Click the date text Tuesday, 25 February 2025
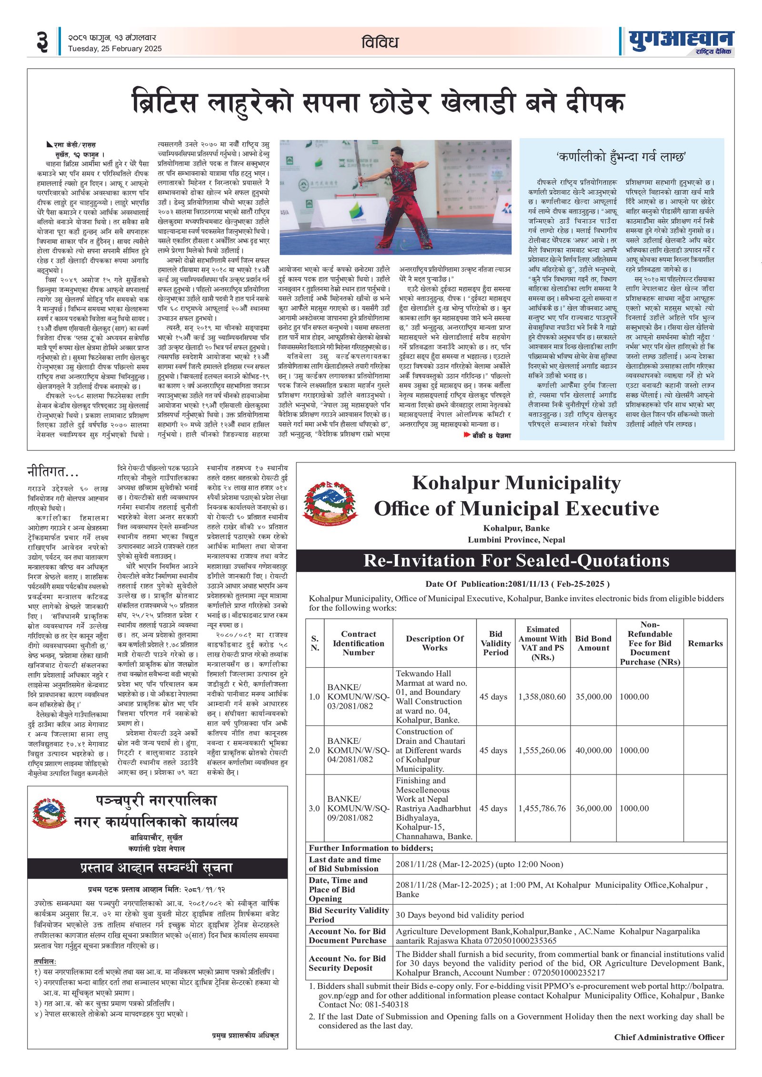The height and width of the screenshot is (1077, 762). (114, 49)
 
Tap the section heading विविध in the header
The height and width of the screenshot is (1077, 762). (380, 42)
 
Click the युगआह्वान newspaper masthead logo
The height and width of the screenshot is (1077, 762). (681, 41)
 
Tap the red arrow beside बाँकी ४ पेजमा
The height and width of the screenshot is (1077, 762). (467, 435)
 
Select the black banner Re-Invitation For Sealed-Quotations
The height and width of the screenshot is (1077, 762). (516, 561)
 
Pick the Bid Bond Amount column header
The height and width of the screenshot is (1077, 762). (593, 643)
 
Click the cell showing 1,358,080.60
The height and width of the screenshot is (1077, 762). (542, 697)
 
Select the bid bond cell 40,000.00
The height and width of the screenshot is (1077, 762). (593, 751)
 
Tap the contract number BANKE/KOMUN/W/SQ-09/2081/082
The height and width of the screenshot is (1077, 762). (358, 808)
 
